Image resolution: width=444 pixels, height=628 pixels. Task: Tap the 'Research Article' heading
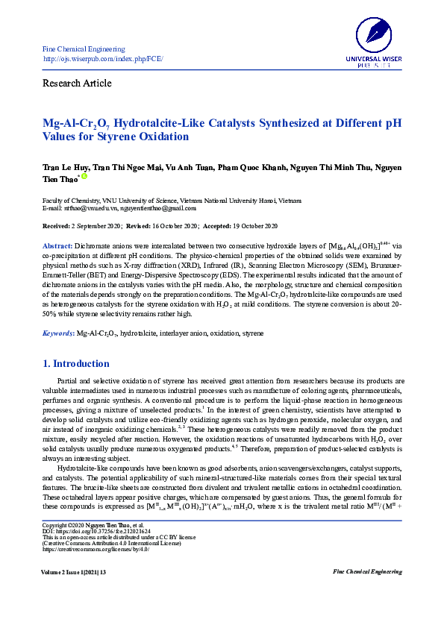pos(78,83)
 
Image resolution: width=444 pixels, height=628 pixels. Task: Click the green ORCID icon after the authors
pos(84,176)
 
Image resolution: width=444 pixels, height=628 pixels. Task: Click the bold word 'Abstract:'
pos(57,245)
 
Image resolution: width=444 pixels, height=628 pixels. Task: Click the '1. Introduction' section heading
pos(75,364)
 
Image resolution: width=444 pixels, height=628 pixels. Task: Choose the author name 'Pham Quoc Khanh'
pos(249,168)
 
